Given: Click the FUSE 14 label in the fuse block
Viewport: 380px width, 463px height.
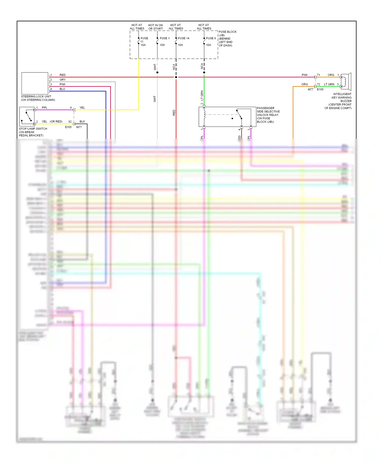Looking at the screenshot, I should [x=183, y=38].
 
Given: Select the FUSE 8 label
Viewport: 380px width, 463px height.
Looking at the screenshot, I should [x=211, y=38].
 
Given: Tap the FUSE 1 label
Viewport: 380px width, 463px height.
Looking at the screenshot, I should [x=164, y=38].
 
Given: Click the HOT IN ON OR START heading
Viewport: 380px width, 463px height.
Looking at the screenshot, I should [x=155, y=27].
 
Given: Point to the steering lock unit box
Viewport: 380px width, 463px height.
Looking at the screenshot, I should [x=35, y=83].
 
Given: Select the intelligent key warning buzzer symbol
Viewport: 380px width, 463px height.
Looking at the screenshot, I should [x=346, y=82].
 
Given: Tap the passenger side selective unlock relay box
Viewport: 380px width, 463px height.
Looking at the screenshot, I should [x=227, y=117].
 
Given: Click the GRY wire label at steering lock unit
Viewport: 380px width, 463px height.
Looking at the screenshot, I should [x=63, y=80].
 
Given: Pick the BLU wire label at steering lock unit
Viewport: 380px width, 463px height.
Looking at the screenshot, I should [x=62, y=89].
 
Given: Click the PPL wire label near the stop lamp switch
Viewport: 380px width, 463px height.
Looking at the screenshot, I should [x=45, y=108].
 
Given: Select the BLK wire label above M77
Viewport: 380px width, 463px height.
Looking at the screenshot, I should [x=82, y=122].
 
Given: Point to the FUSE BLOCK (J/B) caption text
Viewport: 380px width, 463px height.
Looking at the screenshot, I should [x=227, y=38].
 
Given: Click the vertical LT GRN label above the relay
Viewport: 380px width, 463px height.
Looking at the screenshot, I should [x=202, y=95].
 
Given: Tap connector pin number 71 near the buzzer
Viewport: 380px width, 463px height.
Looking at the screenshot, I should [x=318, y=75].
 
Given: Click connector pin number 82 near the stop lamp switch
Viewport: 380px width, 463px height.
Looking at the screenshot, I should [x=70, y=122].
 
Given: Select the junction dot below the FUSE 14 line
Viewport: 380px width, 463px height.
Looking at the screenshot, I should [x=176, y=77].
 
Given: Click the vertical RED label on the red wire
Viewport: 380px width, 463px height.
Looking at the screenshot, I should [x=174, y=113].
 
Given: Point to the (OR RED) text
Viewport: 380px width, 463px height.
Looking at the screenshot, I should [x=56, y=122].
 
